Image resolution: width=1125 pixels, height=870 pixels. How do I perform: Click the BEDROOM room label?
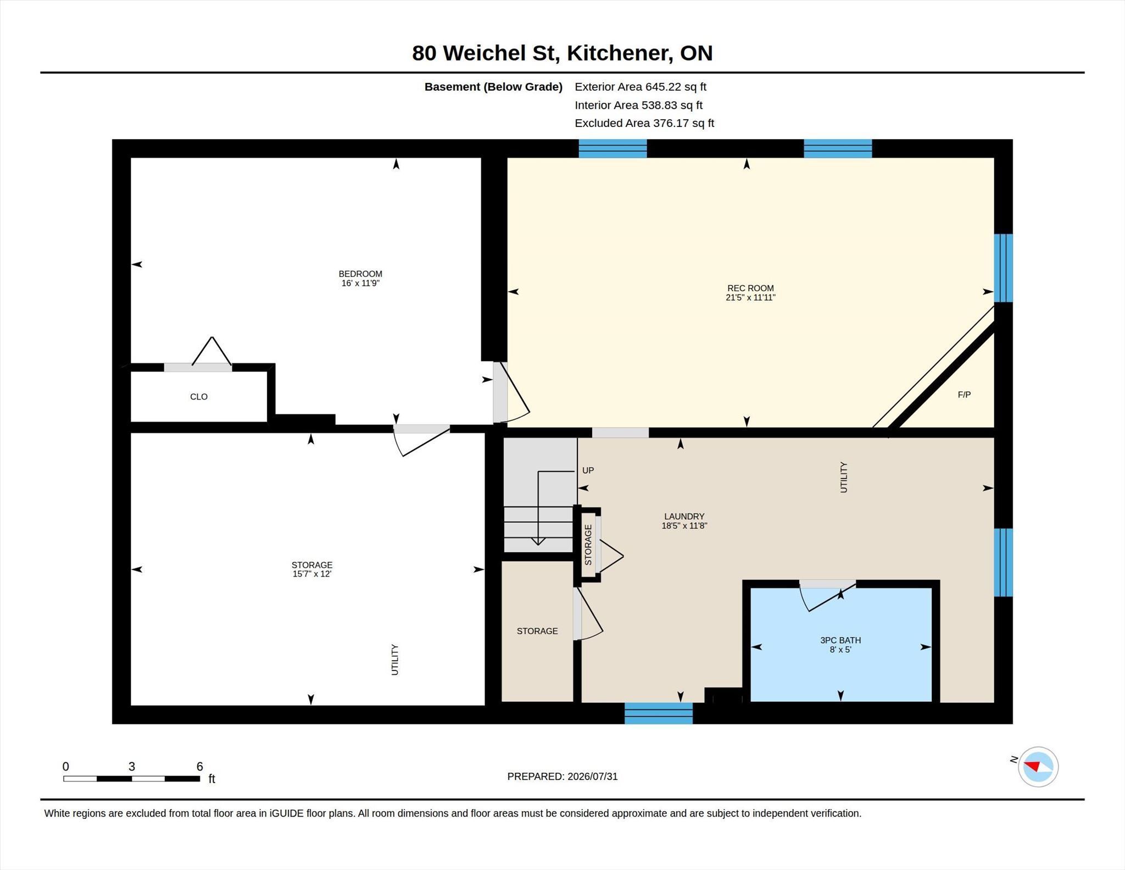click(x=360, y=274)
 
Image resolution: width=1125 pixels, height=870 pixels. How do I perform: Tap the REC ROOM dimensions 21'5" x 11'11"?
click(x=750, y=297)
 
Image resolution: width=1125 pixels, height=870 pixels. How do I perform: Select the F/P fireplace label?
click(x=964, y=395)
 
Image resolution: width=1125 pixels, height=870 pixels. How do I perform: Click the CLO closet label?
click(x=199, y=397)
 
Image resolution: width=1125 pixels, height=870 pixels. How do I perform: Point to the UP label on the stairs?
click(x=588, y=470)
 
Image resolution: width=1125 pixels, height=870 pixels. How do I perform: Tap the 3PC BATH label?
click(x=840, y=640)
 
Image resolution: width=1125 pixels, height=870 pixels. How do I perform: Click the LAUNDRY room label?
click(x=684, y=516)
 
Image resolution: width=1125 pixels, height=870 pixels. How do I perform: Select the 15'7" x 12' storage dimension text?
click(x=312, y=574)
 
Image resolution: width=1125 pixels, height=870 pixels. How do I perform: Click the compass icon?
click(x=1038, y=767)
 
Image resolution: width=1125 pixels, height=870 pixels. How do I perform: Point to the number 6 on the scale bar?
click(x=199, y=766)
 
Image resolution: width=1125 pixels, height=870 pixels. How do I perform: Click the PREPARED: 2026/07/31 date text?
click(x=562, y=777)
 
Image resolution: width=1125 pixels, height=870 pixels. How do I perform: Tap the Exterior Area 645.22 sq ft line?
click(x=641, y=87)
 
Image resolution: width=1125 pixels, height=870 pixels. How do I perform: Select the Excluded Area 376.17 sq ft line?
click(x=644, y=123)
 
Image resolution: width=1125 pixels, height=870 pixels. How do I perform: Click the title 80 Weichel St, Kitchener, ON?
click(x=562, y=53)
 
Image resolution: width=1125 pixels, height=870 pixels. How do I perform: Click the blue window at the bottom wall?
click(x=659, y=713)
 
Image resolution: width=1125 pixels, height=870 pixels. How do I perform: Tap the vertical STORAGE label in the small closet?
click(x=588, y=545)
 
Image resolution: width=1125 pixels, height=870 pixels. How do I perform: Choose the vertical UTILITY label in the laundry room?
click(x=844, y=477)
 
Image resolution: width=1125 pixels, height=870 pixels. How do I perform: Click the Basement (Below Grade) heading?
click(x=493, y=87)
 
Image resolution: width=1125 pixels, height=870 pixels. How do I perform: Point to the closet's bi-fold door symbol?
click(x=212, y=352)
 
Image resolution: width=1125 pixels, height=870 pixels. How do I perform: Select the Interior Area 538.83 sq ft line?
click(x=639, y=105)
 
